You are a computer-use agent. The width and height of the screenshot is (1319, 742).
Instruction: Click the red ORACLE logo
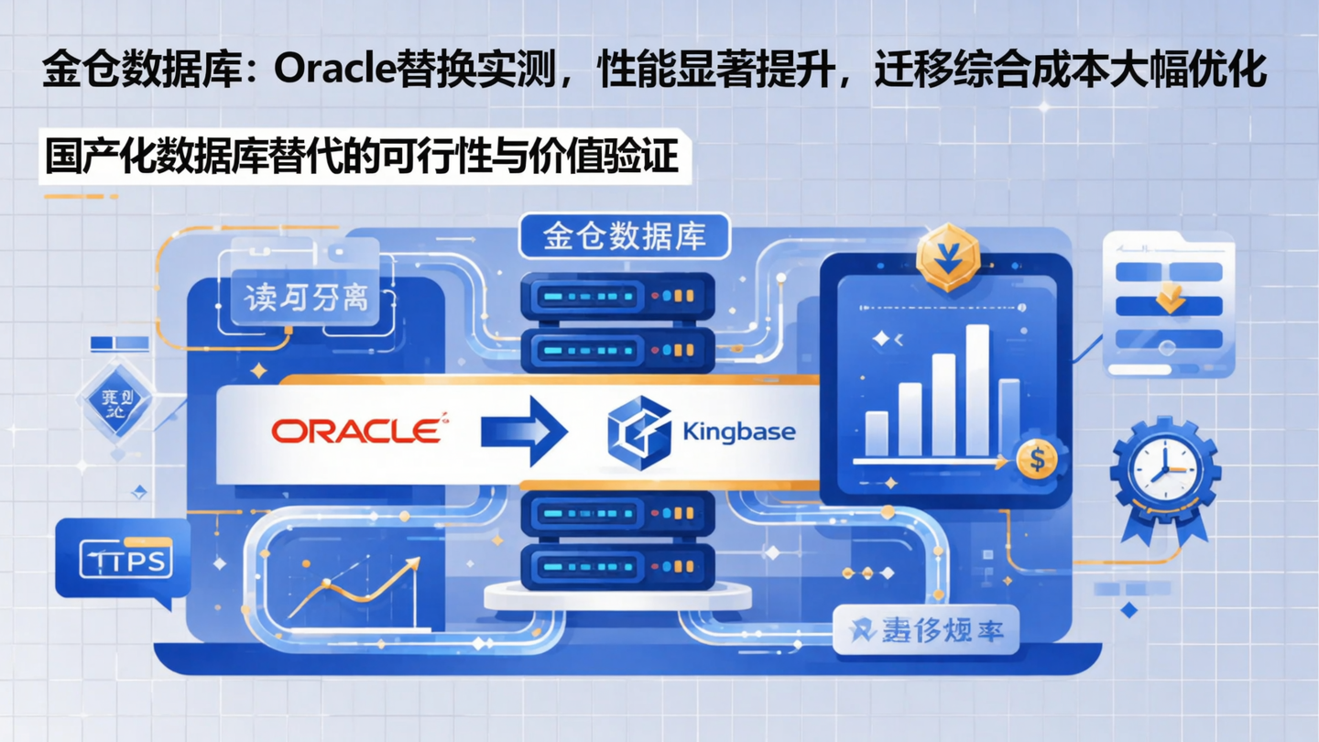coord(356,431)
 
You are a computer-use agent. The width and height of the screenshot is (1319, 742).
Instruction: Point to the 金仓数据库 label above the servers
coord(625,236)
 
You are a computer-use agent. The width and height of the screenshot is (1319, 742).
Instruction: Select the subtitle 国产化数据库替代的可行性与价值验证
coord(363,157)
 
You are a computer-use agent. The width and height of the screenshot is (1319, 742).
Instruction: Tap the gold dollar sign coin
coord(1037,459)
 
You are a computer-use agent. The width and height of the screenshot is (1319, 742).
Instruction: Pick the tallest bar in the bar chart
coord(976,390)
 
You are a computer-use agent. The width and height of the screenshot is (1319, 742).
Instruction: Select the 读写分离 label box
coord(307,298)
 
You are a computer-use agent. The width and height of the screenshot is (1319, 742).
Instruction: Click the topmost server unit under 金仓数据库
coord(617,296)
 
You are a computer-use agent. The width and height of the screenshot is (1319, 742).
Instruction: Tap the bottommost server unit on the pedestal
coord(617,567)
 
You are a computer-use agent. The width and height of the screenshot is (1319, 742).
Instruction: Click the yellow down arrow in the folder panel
coord(1170,299)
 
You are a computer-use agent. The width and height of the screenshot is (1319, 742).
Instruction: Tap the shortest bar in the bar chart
coord(877,433)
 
